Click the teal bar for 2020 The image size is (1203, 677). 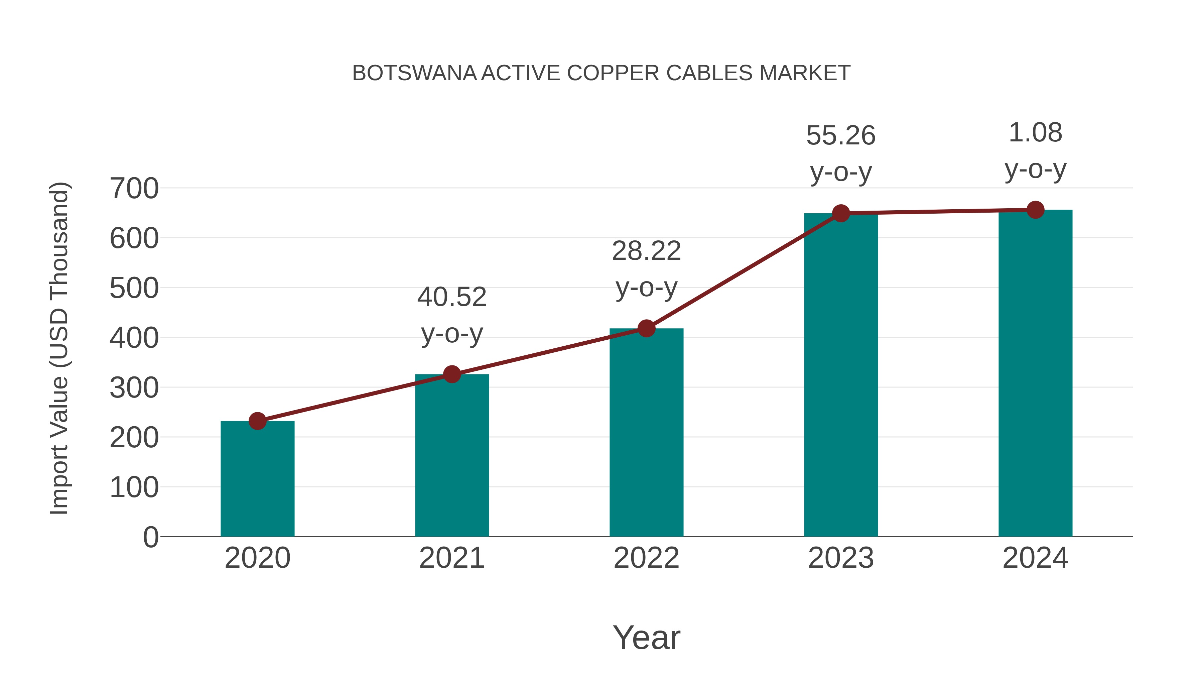[257, 479]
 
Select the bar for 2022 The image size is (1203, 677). [646, 432]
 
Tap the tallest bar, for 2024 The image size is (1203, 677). [1035, 374]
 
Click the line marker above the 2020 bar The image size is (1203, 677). [257, 421]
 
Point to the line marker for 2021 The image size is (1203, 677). [451, 374]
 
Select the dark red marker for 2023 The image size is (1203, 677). [841, 214]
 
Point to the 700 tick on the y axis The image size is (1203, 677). [134, 189]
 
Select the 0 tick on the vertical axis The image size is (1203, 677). [150, 537]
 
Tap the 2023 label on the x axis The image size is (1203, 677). [841, 558]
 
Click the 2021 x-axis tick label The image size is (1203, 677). [451, 558]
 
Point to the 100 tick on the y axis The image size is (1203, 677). [134, 487]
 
